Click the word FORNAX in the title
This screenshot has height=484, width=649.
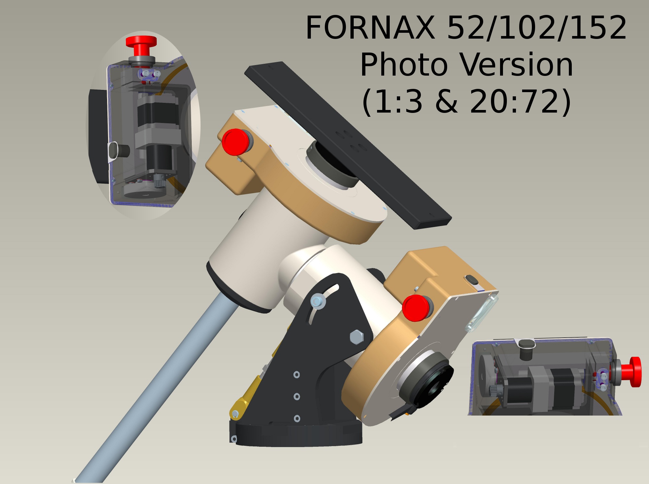370,28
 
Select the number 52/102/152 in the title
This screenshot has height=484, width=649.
537,28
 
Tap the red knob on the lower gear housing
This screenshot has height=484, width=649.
416,308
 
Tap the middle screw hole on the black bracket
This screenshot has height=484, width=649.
297,396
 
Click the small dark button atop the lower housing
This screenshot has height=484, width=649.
471,279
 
